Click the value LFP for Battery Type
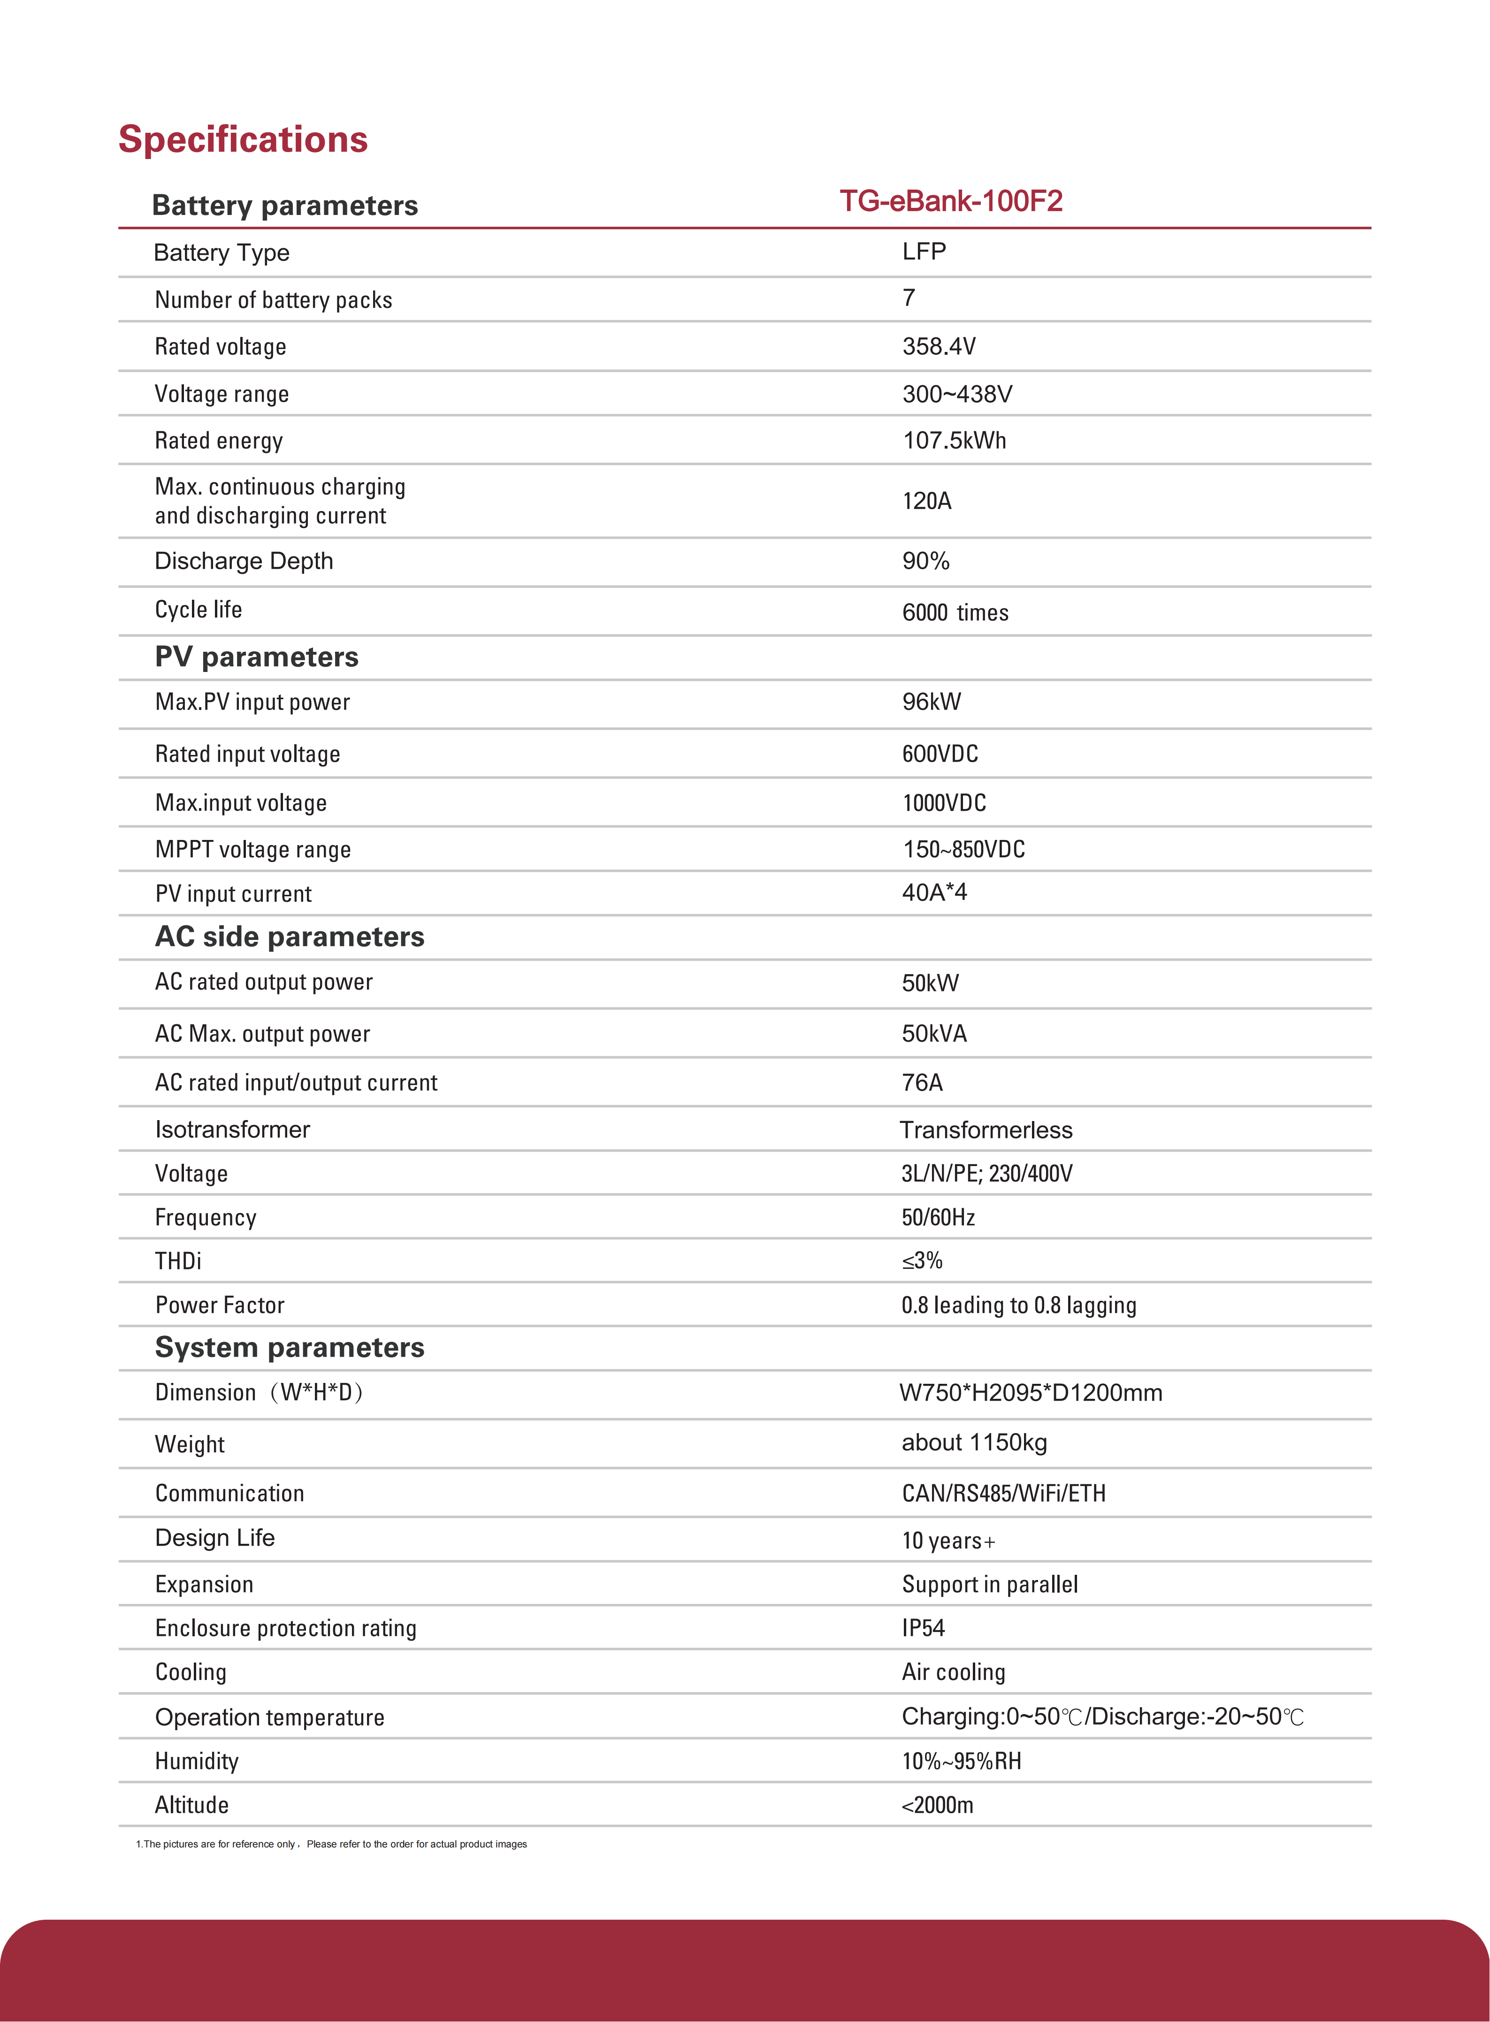pos(924,252)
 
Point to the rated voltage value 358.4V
pos(939,346)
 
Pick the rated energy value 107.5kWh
pos(954,440)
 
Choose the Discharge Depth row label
pos(244,561)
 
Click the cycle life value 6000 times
pos(955,612)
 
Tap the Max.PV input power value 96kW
pos(932,702)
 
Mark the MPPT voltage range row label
pos(252,849)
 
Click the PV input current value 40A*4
pos(934,893)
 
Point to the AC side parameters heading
pos(290,937)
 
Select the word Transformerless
pos(986,1130)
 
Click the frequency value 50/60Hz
pos(938,1218)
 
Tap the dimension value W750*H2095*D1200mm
pos(1030,1392)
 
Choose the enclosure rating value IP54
pos(923,1628)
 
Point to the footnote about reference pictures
pos(331,1844)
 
